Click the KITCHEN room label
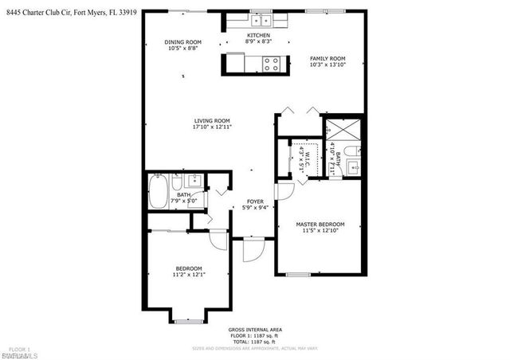tap(257, 36)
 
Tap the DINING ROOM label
tap(182, 42)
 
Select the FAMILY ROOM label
tap(327, 58)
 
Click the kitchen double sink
tap(260, 20)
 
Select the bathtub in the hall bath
tap(158, 192)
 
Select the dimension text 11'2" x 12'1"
tap(188, 275)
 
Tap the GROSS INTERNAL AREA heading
tap(254, 330)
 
